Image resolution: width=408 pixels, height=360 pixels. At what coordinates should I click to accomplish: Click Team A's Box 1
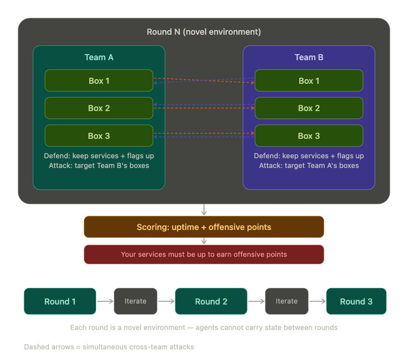99,81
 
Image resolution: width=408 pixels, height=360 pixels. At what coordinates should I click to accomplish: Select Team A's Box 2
99,108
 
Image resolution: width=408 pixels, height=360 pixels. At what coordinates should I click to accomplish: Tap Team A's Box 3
99,136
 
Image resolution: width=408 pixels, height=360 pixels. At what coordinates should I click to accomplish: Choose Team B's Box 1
309,81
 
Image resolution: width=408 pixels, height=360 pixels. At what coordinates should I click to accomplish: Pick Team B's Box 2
309,108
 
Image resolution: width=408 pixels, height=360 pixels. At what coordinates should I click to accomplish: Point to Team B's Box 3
309,136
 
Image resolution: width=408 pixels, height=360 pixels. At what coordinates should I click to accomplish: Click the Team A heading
99,57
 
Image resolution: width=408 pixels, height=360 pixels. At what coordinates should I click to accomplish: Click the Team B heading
309,57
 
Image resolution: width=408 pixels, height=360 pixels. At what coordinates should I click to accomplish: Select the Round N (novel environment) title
204,32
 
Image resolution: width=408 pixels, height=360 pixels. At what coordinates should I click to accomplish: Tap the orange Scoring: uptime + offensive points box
204,227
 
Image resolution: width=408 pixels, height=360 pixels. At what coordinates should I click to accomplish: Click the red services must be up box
204,254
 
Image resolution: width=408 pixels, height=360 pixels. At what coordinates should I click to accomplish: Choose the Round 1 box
60,301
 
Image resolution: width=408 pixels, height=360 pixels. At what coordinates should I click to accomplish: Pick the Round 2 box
211,301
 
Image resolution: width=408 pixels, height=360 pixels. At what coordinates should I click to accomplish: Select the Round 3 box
356,301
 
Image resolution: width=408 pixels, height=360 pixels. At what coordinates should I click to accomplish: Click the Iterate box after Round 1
136,301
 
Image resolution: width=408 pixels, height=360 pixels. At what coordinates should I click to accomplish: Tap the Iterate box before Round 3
286,301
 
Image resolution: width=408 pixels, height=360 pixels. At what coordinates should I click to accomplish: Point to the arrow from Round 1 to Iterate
105,301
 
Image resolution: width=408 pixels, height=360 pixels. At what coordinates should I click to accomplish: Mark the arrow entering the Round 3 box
317,301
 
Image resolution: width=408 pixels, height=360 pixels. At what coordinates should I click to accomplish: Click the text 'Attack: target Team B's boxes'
99,165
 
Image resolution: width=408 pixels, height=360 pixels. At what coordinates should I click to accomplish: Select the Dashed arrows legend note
109,347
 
